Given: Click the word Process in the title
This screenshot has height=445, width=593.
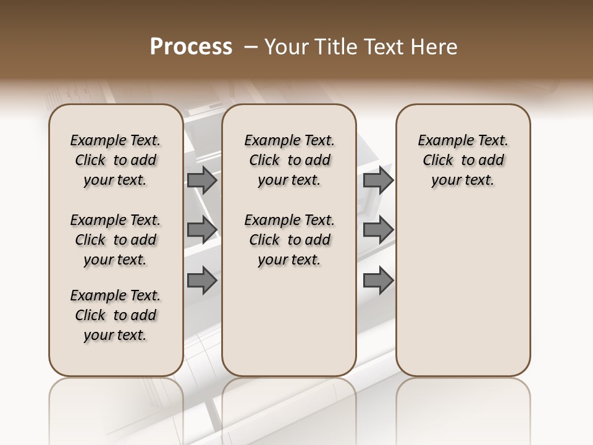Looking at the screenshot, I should click(191, 47).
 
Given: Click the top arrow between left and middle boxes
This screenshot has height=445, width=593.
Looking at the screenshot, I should click(202, 180).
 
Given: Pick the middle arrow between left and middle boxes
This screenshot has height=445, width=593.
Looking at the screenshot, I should click(202, 230).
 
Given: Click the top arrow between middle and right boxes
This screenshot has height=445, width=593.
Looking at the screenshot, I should click(378, 180).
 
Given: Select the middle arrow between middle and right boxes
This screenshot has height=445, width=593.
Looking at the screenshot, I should click(378, 230).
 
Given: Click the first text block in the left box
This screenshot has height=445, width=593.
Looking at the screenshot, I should click(116, 160).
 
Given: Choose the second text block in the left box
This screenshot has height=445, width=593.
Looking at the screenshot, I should click(116, 240).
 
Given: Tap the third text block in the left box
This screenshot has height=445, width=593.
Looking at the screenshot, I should click(116, 315).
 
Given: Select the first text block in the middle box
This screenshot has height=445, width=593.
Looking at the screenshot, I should click(289, 160).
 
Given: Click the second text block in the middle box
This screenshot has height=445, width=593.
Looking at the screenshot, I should click(289, 240).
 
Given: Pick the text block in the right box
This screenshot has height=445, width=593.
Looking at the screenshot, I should click(463, 160).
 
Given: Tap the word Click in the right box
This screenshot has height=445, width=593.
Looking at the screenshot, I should click(438, 161).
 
